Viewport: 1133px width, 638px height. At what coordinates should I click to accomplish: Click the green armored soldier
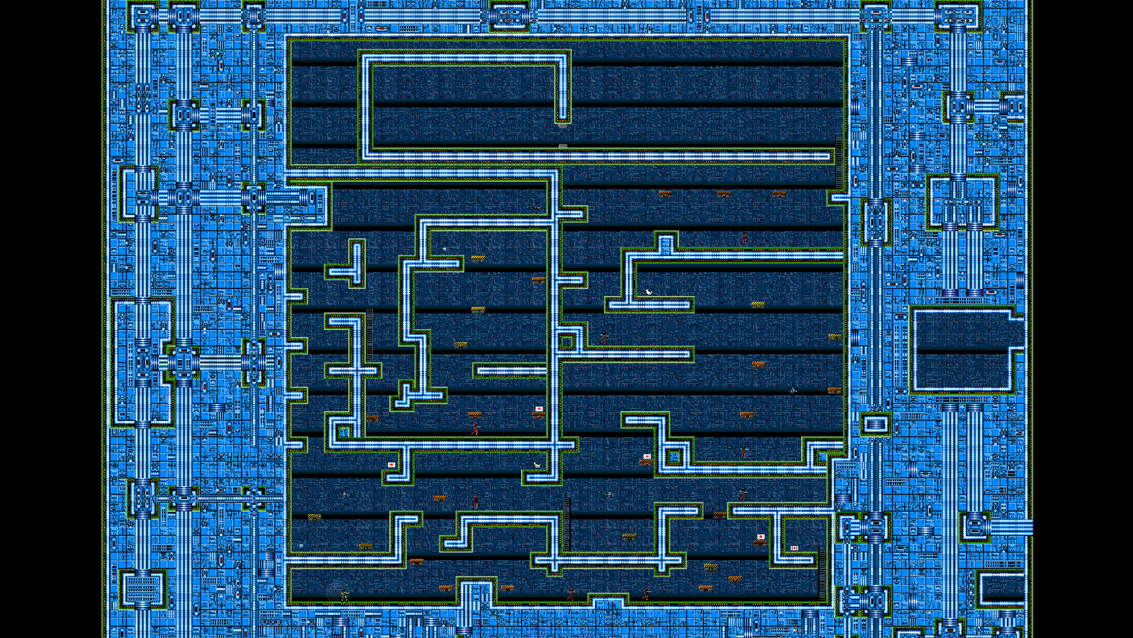click(345, 595)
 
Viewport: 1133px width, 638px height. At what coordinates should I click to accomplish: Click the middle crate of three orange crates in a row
click(723, 192)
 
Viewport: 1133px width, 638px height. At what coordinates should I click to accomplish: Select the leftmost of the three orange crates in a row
click(665, 192)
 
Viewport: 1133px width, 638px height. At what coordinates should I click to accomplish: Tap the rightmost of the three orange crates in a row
click(778, 192)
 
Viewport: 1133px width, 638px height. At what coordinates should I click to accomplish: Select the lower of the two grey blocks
click(563, 146)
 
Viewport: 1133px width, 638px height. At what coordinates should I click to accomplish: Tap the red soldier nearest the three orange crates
click(744, 239)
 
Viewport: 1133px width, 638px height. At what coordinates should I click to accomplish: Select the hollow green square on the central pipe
click(566, 343)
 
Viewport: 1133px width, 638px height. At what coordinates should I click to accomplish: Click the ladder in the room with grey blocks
click(839, 163)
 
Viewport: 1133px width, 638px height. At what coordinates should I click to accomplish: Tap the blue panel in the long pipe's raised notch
click(665, 244)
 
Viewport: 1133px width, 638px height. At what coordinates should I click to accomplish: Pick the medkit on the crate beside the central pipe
click(539, 408)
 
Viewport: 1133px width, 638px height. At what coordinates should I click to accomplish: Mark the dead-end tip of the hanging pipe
click(563, 117)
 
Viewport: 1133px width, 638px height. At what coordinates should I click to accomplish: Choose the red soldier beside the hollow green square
click(604, 338)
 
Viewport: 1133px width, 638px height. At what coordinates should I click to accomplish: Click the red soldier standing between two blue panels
click(743, 451)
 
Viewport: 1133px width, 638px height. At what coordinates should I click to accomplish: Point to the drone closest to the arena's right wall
click(793, 389)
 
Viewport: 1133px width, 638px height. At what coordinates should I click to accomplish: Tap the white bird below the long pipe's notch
click(648, 292)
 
